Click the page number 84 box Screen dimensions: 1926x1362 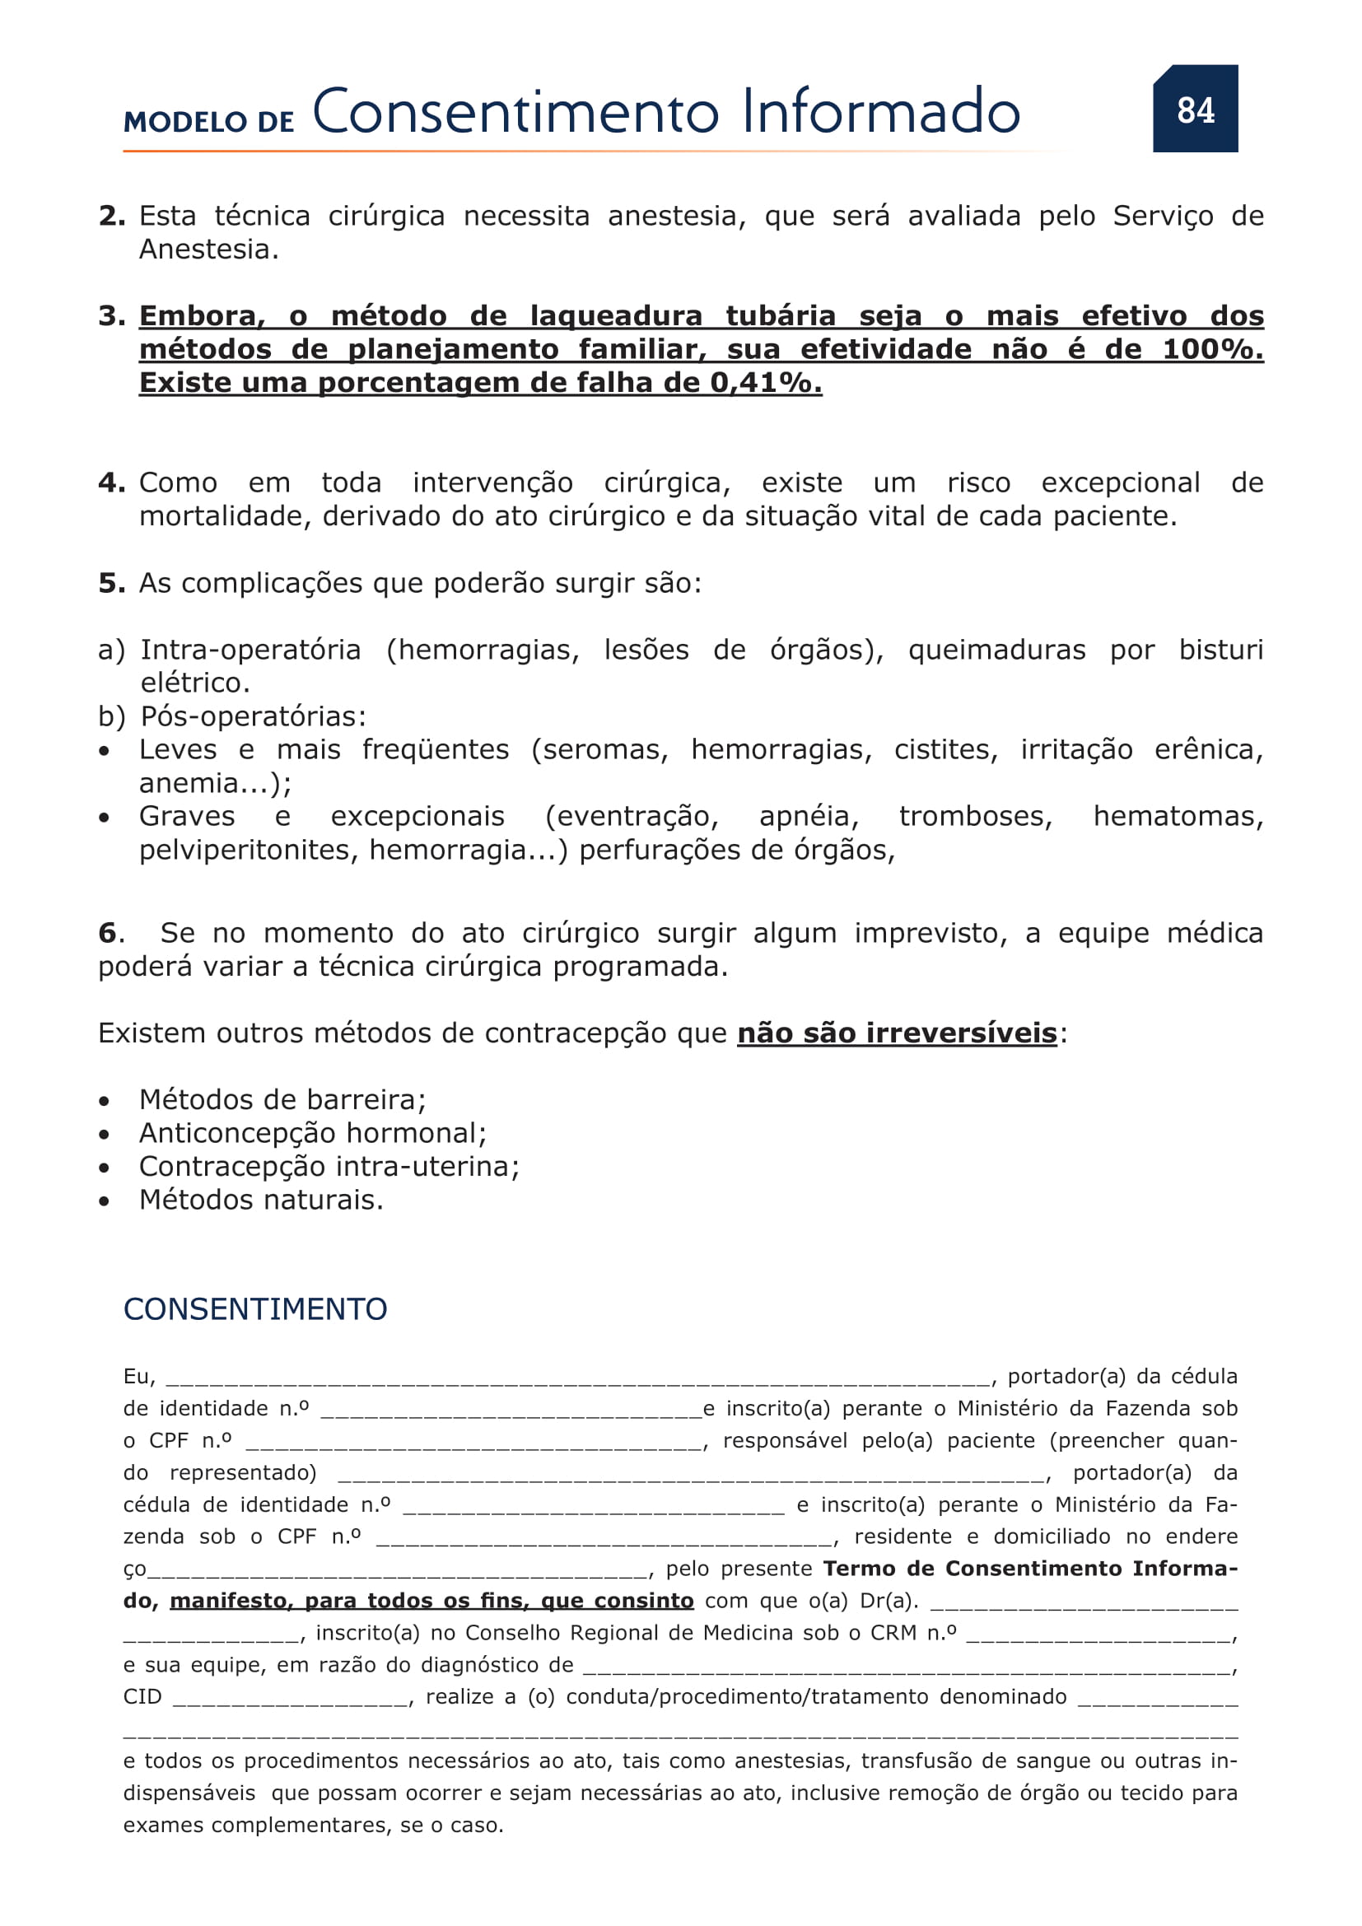click(1194, 109)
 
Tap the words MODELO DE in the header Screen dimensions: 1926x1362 click(209, 123)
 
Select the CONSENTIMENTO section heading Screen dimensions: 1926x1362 click(255, 1308)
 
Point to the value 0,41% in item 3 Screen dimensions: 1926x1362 click(766, 384)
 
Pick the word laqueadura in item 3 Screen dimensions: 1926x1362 click(617, 316)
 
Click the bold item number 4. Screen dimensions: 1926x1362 click(111, 483)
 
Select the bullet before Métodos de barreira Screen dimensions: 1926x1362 click(104, 1101)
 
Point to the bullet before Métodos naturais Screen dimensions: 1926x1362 click(104, 1201)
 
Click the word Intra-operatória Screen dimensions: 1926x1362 click(251, 651)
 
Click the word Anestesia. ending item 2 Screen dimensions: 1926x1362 click(208, 250)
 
